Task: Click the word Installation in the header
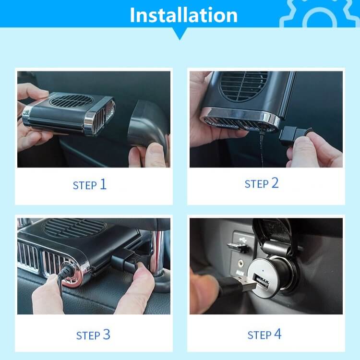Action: tap(183, 15)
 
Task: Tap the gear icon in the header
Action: tap(320, 14)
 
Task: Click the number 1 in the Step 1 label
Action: tap(103, 184)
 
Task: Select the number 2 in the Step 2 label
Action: tap(275, 183)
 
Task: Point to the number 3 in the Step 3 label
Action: tap(107, 334)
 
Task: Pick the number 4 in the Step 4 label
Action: tap(278, 334)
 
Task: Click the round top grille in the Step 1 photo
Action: tap(72, 100)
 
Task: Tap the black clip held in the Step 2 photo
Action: tap(295, 136)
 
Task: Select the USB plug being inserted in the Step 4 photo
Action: tap(239, 285)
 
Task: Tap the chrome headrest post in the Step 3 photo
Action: tap(158, 252)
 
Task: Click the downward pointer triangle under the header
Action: tap(180, 34)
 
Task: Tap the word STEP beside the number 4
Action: tap(259, 335)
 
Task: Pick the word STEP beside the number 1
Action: tap(84, 185)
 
